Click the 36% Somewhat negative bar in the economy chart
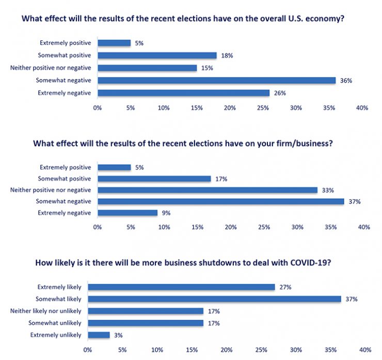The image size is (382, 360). tap(217, 80)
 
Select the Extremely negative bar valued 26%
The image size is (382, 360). tap(183, 93)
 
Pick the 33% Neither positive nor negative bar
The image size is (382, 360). tap(207, 190)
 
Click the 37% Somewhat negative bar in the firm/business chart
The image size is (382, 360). tap(220, 201)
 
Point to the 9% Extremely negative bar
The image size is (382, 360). tap(128, 213)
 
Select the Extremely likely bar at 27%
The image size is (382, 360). tap(181, 287)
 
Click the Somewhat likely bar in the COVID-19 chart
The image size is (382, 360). tap(214, 299)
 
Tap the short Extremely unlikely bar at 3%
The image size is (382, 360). tap(99, 335)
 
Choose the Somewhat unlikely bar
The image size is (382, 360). tap(146, 323)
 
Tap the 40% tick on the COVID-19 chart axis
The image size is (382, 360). tap(365, 350)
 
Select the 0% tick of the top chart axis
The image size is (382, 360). tap(97, 108)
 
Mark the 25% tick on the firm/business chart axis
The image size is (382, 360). tap(264, 227)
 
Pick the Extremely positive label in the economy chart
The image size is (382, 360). tap(65, 43)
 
